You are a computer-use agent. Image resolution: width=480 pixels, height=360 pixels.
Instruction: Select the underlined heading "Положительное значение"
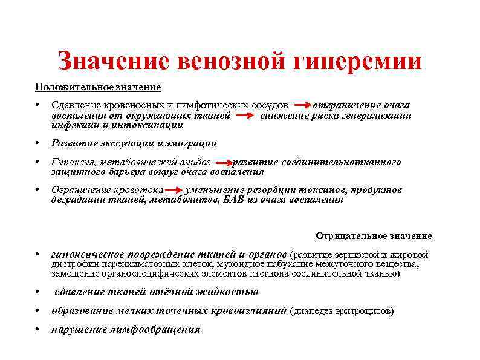point(97,87)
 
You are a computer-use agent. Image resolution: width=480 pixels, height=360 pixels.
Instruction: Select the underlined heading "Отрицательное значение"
point(374,236)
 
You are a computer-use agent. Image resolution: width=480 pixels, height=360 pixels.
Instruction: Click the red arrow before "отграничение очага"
point(303,106)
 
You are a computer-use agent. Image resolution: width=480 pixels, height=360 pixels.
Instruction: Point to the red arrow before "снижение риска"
point(245,116)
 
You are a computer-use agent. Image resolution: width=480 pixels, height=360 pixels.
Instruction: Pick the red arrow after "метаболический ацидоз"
point(223,163)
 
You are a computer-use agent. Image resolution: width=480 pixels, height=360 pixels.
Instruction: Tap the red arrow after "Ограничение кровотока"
point(175,191)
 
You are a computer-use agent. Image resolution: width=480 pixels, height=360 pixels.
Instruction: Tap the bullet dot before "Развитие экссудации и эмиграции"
point(37,144)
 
